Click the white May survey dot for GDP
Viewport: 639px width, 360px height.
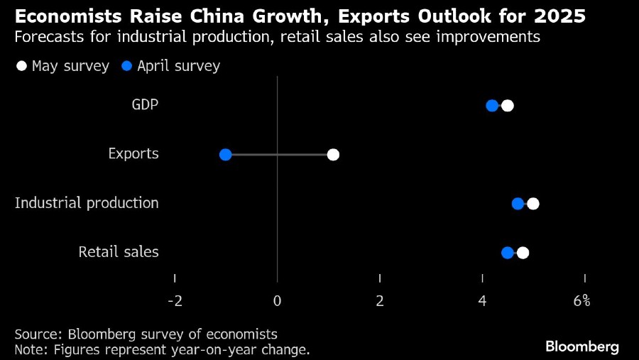click(x=507, y=106)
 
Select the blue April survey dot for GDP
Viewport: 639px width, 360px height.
click(x=492, y=106)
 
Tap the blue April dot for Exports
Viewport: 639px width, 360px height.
click(x=226, y=155)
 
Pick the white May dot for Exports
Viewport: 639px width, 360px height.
click(x=333, y=155)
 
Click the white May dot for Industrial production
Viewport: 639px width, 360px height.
click(x=533, y=204)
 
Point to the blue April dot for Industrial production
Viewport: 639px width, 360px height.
click(x=518, y=204)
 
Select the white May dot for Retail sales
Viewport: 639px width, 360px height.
click(x=523, y=253)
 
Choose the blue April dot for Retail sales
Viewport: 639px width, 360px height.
click(x=508, y=253)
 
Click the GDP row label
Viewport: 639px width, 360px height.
click(x=145, y=105)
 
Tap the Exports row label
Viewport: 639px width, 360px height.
click(x=133, y=154)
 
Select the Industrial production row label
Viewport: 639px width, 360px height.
click(x=87, y=203)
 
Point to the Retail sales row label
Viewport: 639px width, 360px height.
click(x=119, y=252)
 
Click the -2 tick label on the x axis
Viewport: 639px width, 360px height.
click(x=175, y=300)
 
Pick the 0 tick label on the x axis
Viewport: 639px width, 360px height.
click(x=277, y=300)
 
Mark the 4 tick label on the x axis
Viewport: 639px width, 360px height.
click(x=483, y=300)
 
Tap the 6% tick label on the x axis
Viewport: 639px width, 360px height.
click(x=582, y=300)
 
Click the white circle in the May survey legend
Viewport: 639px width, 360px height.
click(x=21, y=66)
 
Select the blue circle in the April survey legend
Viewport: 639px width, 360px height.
click(x=127, y=66)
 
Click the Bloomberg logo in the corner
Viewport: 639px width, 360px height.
click(x=582, y=347)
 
